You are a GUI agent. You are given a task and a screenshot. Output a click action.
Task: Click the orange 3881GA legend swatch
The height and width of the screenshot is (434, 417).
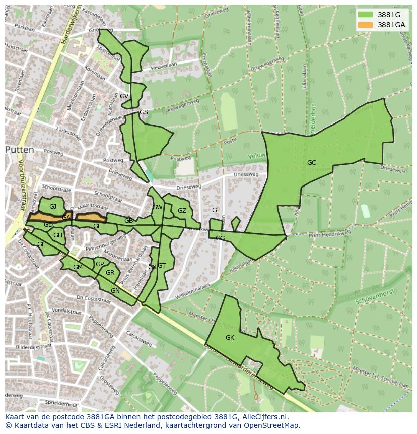coord(366,25)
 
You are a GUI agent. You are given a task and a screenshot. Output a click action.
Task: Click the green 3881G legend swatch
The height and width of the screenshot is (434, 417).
coord(366,15)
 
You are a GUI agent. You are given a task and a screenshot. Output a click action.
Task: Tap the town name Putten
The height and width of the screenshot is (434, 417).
coord(20,150)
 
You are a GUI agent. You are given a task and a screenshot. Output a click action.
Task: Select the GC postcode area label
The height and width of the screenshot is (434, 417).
coord(312,162)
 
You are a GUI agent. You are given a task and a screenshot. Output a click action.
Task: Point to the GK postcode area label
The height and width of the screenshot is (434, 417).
coord(230,337)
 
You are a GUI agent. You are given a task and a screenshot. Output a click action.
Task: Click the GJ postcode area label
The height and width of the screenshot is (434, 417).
coord(53,206)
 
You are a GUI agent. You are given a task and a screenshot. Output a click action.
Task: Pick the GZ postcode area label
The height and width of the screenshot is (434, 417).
coord(182,211)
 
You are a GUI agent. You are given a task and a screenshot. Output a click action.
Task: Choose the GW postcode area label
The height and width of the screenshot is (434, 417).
coord(157,207)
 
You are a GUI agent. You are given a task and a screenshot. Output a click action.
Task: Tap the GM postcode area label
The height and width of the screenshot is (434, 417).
coord(78,267)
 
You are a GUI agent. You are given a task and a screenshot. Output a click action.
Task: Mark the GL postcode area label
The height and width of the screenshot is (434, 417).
coord(41,244)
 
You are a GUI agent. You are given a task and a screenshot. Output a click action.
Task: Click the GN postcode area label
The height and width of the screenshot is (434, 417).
coord(115,290)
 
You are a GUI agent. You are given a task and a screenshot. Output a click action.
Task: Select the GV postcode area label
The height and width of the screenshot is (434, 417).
coord(124,96)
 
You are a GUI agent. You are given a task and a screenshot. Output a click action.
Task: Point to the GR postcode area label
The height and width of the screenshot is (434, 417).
coord(110,273)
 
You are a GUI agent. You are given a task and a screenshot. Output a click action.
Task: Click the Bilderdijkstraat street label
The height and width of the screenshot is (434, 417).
coord(31,348)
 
